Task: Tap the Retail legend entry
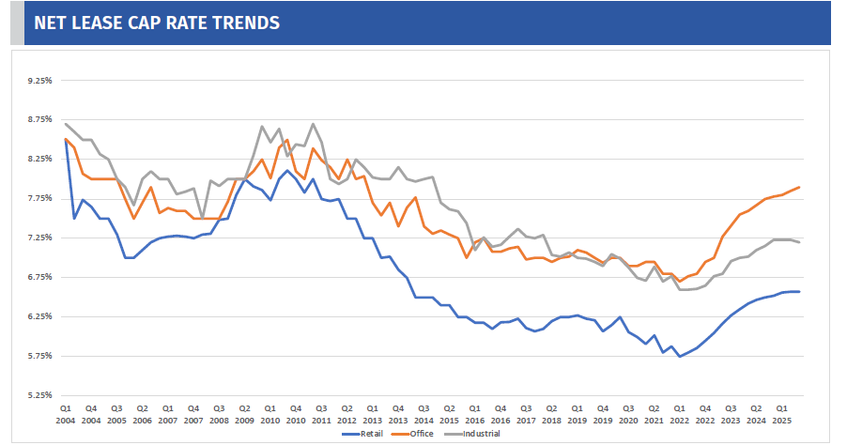tap(362, 434)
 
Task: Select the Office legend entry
tap(412, 434)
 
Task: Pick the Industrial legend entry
tap(471, 434)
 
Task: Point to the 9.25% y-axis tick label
tap(40, 81)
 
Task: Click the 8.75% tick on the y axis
tap(40, 119)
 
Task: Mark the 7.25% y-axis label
tap(40, 238)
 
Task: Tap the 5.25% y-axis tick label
tap(40, 395)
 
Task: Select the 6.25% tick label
tap(40, 316)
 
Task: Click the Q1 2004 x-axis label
tap(66, 415)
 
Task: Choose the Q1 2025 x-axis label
tap(781, 415)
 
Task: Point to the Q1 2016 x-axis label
tap(475, 415)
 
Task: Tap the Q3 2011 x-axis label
tap(321, 415)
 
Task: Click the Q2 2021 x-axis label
tap(654, 415)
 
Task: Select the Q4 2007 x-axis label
tap(193, 415)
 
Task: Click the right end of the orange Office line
tap(799, 188)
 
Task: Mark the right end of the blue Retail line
tap(799, 292)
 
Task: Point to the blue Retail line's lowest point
tap(680, 357)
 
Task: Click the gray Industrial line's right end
tap(799, 242)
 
